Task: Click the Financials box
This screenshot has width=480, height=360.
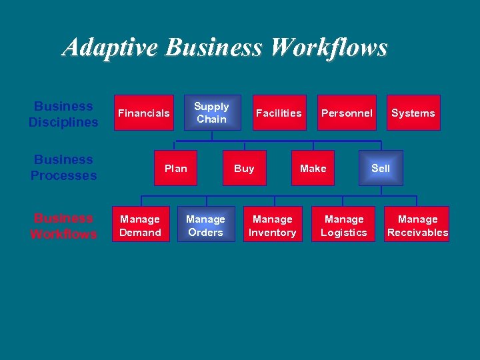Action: tap(144, 113)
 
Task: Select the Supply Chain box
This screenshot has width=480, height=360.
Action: tap(211, 113)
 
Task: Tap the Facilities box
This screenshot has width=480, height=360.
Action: tap(279, 113)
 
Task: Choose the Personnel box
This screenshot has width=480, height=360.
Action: tap(346, 113)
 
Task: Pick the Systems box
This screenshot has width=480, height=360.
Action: tap(413, 113)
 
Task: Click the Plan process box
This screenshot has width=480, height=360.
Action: tap(176, 168)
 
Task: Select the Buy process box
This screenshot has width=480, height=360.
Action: tap(244, 168)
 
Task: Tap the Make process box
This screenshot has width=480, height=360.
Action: tap(313, 168)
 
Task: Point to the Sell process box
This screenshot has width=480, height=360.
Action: tap(381, 168)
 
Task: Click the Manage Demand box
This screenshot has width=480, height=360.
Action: tap(140, 225)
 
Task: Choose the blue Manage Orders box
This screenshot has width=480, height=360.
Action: tap(206, 225)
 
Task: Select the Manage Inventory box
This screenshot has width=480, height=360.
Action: tap(273, 225)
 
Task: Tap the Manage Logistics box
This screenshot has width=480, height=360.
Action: tap(343, 225)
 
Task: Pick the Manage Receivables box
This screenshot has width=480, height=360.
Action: tap(417, 225)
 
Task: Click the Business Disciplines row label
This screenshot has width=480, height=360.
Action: tap(63, 114)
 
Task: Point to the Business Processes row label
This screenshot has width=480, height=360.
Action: tap(63, 167)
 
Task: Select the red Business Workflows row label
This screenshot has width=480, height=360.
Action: tap(63, 226)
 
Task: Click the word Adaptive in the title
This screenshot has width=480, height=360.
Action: tap(111, 47)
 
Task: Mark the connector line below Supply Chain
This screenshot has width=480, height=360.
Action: tap(211, 136)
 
